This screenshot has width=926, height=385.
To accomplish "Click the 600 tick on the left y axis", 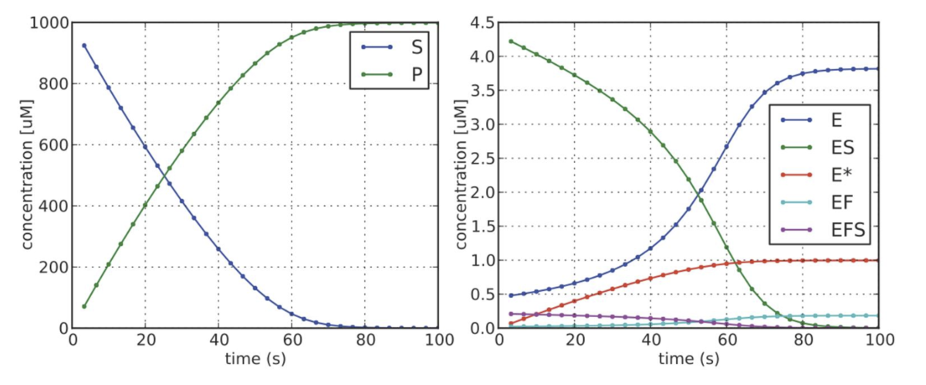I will tap(56, 145).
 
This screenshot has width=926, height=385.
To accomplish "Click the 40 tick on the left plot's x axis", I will tap(218, 340).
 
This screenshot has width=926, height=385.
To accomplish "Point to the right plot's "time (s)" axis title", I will tap(688, 359).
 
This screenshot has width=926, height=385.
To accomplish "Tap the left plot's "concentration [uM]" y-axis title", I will tap(28, 175).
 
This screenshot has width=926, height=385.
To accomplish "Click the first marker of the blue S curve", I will tap(83, 46).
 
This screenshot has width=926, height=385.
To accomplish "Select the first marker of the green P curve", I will tap(83, 306).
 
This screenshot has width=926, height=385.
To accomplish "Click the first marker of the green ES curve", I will tap(511, 41).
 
